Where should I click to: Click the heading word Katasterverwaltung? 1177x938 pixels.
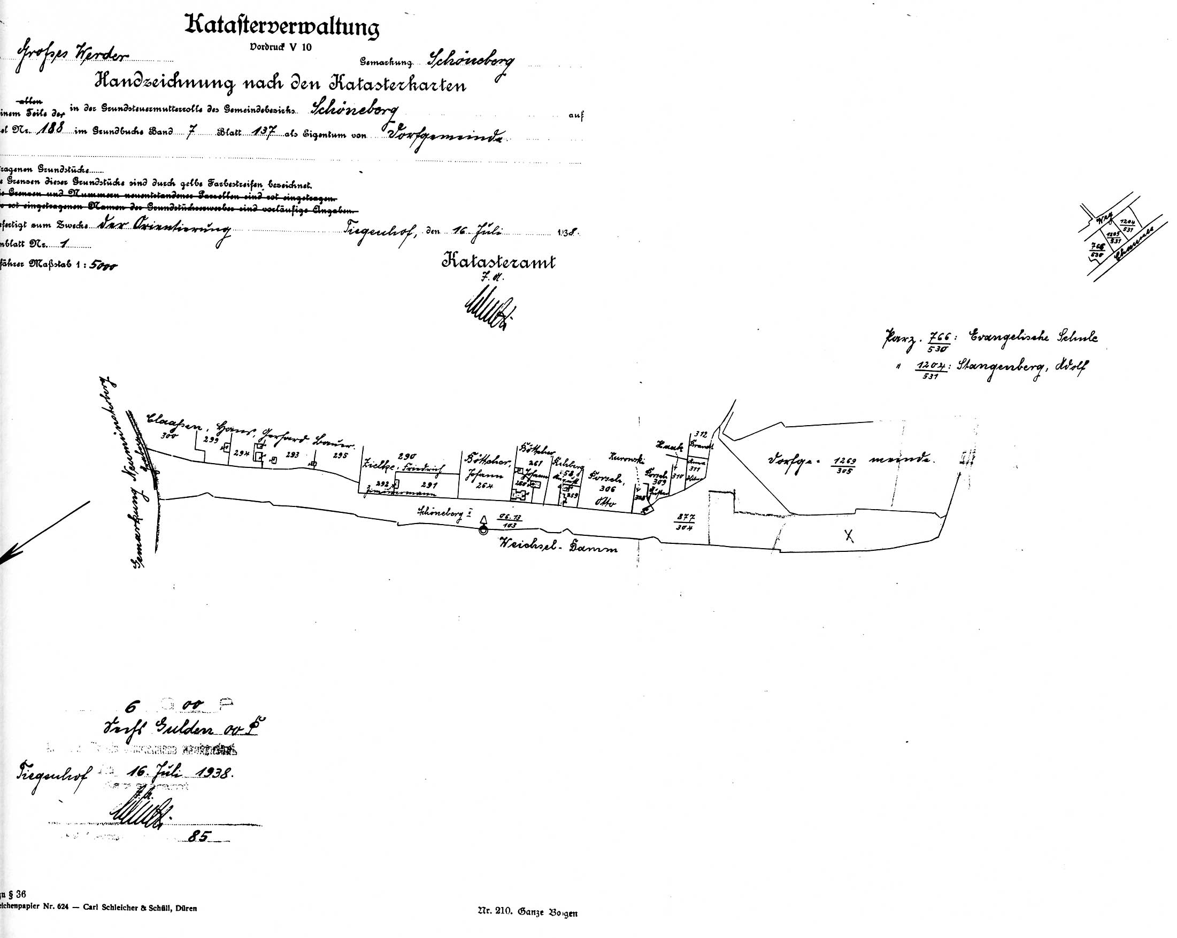click(x=282, y=27)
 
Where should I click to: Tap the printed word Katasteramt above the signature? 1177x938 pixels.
click(x=498, y=262)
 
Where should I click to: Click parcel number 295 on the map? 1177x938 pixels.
click(x=340, y=455)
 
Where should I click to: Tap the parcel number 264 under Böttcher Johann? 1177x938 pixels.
click(x=484, y=486)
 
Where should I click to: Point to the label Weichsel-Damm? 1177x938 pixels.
click(x=557, y=544)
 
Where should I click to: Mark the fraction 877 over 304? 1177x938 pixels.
click(x=684, y=522)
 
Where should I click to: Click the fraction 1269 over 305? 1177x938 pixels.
click(x=843, y=465)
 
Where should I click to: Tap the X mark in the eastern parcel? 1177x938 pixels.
click(x=848, y=536)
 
